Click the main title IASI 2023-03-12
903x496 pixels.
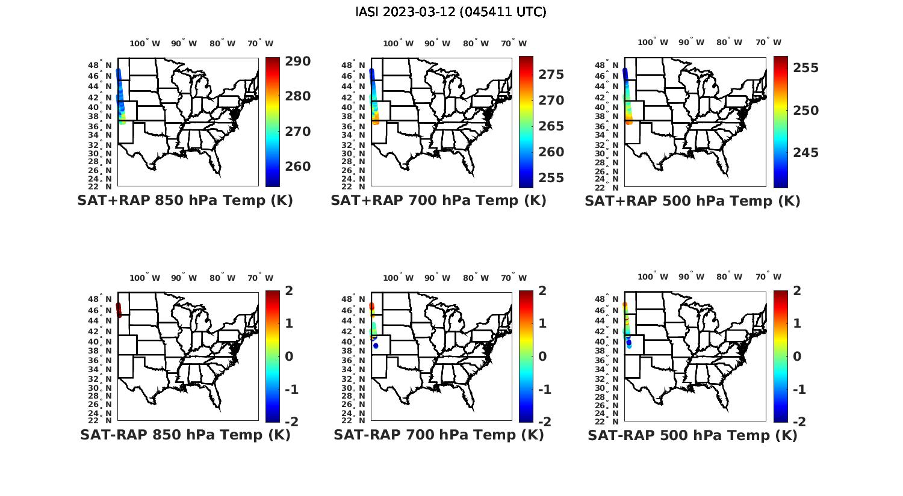(x=451, y=12)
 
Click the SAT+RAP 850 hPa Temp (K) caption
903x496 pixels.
(x=185, y=201)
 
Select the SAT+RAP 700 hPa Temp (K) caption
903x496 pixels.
(x=438, y=201)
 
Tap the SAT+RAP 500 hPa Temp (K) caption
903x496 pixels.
(x=692, y=201)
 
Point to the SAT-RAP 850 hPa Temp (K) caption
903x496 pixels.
(x=185, y=435)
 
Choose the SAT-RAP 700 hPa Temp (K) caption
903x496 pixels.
(x=438, y=435)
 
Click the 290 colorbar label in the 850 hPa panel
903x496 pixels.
(x=298, y=61)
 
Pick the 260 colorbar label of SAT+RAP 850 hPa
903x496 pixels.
(x=298, y=167)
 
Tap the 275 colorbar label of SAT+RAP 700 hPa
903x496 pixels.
(x=551, y=75)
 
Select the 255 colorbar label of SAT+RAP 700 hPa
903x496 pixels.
(x=551, y=178)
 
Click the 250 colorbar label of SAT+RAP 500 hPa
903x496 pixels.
(x=806, y=111)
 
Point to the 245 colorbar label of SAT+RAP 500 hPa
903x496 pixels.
(x=806, y=153)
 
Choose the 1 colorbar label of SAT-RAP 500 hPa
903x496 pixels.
(x=797, y=323)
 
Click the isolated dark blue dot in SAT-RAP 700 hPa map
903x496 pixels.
(x=376, y=346)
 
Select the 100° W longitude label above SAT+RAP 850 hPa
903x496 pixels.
(x=145, y=43)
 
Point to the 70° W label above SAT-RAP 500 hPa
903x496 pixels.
(x=768, y=277)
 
